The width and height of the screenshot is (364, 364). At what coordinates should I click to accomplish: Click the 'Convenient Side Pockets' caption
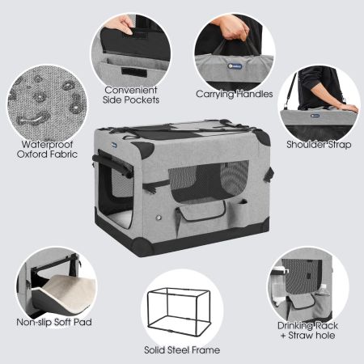pos(131,94)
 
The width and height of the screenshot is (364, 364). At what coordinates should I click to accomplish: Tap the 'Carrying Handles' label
pos(234,94)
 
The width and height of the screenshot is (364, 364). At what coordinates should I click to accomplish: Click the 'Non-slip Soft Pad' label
pos(54,322)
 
